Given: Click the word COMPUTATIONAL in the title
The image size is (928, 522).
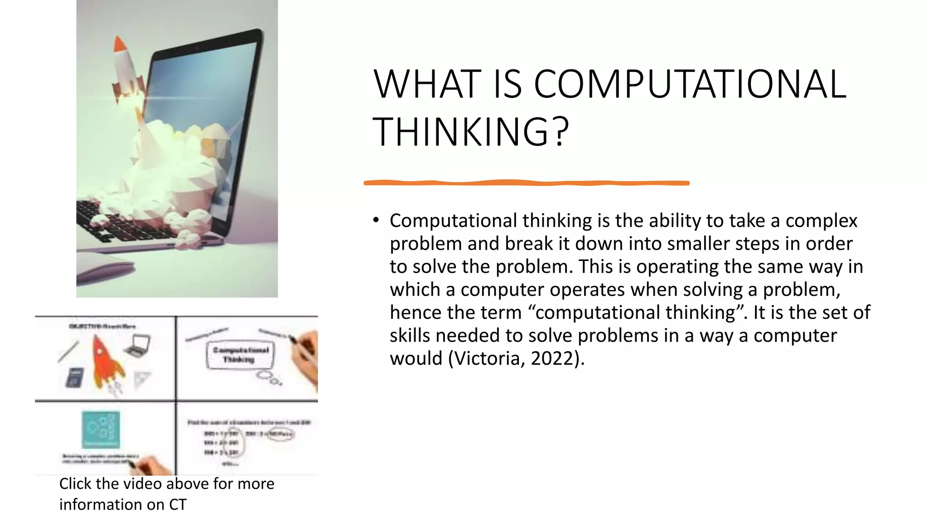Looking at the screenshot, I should point(690,84).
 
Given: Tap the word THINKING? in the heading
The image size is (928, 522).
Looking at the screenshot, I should point(470,132).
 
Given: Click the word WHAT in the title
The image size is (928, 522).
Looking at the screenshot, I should point(427,84).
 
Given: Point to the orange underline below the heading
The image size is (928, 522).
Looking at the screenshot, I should point(526,183).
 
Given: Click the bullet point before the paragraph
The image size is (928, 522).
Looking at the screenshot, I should point(376,220).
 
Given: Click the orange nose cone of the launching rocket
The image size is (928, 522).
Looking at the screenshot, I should point(120,44).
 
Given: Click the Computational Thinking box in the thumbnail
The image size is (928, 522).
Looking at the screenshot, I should point(240,355).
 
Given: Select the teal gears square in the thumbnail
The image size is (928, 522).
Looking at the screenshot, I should point(101,429).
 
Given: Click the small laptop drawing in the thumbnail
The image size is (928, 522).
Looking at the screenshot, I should point(138,346).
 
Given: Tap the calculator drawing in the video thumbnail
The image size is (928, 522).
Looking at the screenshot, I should point(74,377).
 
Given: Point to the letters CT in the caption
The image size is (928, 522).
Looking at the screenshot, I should point(178,505).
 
